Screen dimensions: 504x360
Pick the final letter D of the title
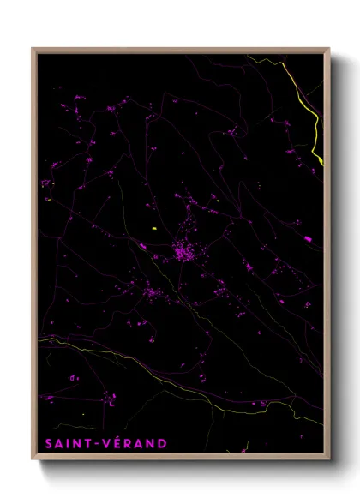(162, 443)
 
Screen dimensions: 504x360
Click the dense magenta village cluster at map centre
(183, 252)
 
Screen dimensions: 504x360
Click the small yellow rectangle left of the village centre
(154, 228)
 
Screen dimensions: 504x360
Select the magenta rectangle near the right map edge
(307, 238)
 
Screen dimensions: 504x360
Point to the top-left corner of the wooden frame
(33, 49)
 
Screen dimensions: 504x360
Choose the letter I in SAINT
(70, 443)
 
